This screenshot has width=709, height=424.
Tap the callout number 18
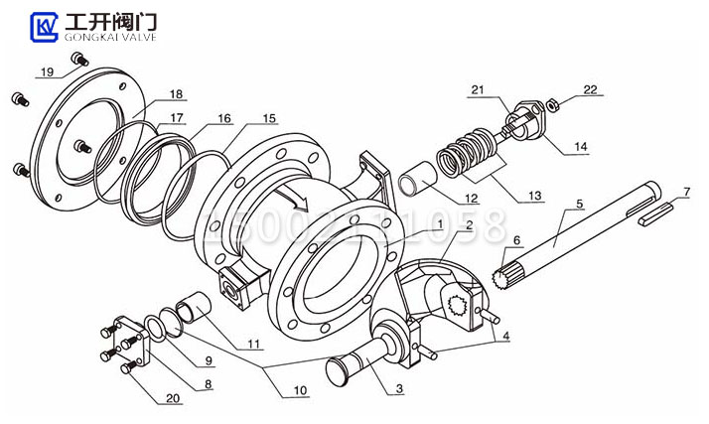[x=176, y=95]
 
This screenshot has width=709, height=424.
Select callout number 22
[x=591, y=90]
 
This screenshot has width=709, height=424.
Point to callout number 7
[x=684, y=191]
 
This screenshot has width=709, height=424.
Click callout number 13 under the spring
[x=534, y=196]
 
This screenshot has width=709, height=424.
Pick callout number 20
[x=175, y=398]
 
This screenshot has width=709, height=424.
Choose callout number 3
[x=399, y=389]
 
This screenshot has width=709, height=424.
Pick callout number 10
[x=300, y=390]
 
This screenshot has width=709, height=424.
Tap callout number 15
[x=270, y=118]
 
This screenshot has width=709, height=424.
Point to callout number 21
[x=478, y=90]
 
